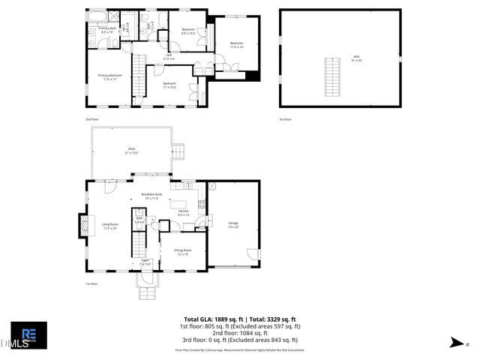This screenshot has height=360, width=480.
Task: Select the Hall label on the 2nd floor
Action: click(169, 57)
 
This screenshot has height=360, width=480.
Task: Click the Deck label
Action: click(131, 150)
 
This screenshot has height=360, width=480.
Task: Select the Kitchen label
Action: click(183, 213)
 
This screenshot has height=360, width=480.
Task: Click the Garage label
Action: click(232, 224)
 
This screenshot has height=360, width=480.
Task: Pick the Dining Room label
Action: click(183, 252)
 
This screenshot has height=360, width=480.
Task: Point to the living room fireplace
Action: click(82, 226)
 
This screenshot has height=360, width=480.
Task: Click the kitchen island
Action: click(179, 203)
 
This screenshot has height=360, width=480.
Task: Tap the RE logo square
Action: click(28, 334)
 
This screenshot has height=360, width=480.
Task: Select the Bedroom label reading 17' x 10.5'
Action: click(169, 85)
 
